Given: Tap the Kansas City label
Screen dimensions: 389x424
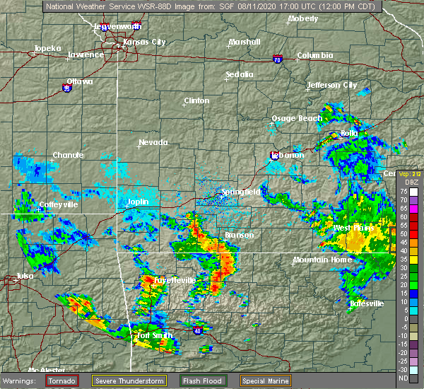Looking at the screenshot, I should tap(144, 42).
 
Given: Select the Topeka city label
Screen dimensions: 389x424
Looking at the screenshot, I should tap(47, 50).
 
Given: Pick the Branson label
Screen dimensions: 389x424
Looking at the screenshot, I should tap(240, 235).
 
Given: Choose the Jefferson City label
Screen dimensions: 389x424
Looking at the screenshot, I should tap(331, 85).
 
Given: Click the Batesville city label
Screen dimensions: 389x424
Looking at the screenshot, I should tap(367, 303).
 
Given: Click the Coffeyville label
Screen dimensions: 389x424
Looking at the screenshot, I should tap(59, 204).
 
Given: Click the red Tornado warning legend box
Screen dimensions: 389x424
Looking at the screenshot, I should tap(62, 380).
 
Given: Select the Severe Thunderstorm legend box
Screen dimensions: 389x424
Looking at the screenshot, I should tap(129, 380).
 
